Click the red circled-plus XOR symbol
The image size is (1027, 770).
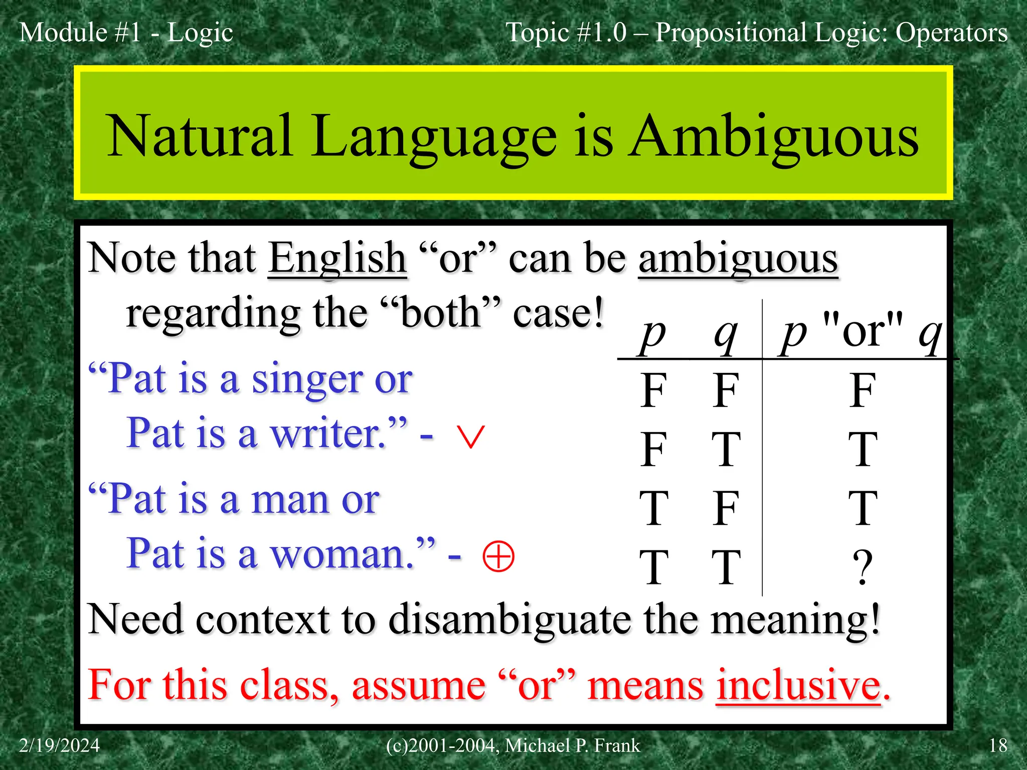(498, 556)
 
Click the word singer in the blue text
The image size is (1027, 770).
(306, 379)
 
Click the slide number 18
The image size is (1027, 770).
(997, 746)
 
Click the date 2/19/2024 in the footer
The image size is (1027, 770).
(59, 746)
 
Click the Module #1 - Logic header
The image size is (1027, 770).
(126, 33)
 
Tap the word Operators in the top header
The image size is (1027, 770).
(951, 33)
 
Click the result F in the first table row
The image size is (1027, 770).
(862, 391)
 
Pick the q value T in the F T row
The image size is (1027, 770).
(726, 450)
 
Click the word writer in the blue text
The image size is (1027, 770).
(328, 434)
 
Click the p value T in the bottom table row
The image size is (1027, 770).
(653, 567)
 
